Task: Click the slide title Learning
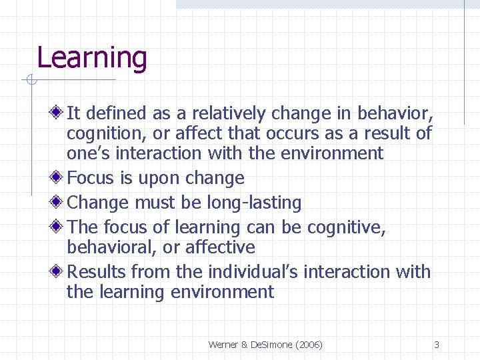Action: click(x=91, y=58)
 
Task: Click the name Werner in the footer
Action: click(x=223, y=345)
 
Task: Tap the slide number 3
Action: click(x=436, y=345)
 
